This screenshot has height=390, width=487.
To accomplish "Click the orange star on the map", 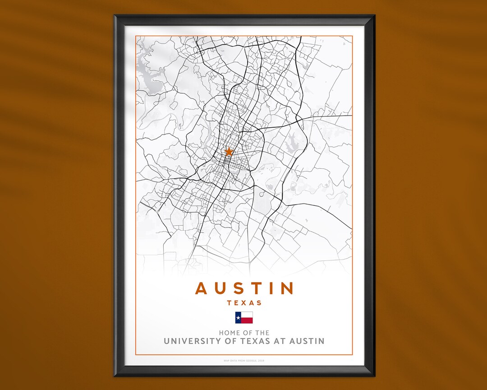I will tap(229, 152).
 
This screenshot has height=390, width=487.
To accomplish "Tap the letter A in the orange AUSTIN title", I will tap(202, 288).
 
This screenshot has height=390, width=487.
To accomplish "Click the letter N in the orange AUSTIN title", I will tap(287, 288).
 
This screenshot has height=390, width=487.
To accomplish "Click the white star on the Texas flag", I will tap(238, 318).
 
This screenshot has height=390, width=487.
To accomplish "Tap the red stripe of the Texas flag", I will tap(247, 320).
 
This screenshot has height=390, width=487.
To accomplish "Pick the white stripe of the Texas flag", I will tap(247, 315).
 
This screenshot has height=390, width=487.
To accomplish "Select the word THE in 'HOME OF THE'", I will tap(262, 333).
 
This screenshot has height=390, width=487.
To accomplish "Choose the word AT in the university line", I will tap(279, 341).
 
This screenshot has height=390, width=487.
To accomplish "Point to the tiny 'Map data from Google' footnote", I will tap(244, 361).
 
